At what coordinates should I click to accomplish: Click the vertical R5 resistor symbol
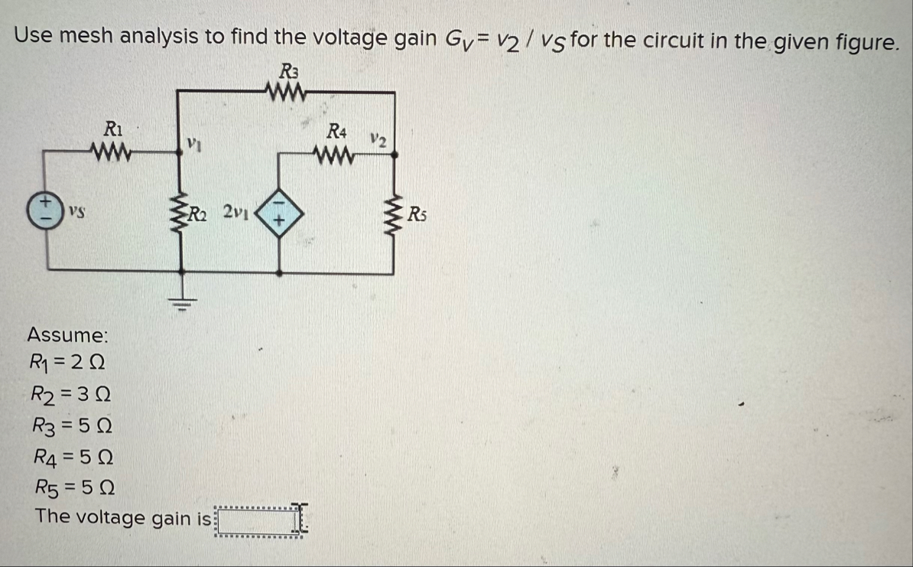[394, 212]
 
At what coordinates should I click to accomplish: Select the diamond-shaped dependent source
[279, 210]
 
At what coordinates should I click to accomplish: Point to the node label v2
[376, 140]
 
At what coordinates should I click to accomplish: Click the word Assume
[67, 335]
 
